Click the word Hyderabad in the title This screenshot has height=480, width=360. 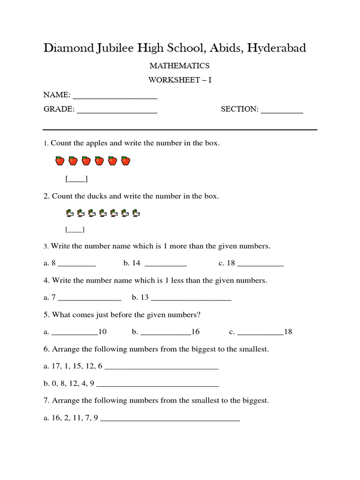(277, 48)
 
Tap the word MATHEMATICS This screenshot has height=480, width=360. (180, 66)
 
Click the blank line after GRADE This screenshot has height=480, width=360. (117, 111)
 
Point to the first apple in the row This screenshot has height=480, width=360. (60, 161)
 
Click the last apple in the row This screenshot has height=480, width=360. (125, 161)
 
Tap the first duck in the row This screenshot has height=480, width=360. (69, 213)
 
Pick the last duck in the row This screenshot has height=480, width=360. (136, 213)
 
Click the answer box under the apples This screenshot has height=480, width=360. (76, 179)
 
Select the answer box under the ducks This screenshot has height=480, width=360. (75, 230)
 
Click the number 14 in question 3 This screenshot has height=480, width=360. (136, 263)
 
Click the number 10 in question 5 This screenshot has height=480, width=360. (103, 332)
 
